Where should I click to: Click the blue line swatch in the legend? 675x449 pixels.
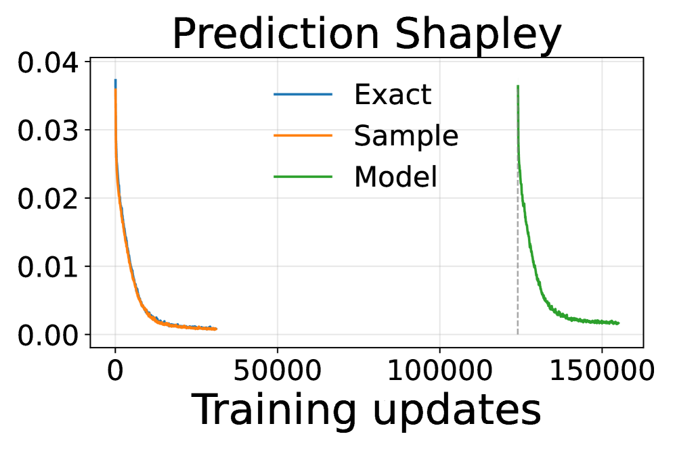coord(303,94)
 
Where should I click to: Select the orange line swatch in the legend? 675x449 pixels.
coord(303,135)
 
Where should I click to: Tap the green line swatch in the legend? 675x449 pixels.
coord(303,176)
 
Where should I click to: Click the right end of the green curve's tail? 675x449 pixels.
coord(618,323)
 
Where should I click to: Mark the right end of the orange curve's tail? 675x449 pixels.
coord(216,329)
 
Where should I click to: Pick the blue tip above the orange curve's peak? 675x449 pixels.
coord(115,81)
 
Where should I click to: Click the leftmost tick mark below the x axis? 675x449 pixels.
coord(115,341)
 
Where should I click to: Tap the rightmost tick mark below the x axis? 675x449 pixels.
coord(603,341)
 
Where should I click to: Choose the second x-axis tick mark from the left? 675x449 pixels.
coord(278,341)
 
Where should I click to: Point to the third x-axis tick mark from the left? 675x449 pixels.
coord(440,341)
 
